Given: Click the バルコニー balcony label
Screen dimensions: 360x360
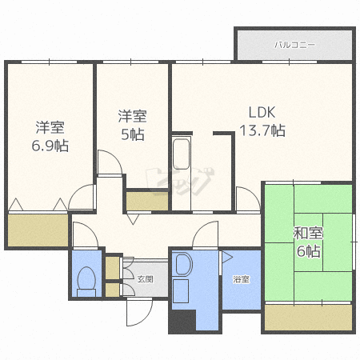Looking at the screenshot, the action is click(294, 45).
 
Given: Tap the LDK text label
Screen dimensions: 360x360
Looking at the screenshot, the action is click(262, 113).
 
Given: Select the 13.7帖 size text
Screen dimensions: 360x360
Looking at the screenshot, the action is click(262, 130).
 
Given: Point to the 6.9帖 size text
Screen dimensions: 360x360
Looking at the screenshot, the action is click(50, 146).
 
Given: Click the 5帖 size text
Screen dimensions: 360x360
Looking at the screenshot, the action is click(133, 134).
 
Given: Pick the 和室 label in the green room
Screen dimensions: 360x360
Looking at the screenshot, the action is click(308, 233).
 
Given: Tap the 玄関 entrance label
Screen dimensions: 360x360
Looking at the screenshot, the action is click(146, 279).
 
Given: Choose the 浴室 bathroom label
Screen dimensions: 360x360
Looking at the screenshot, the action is click(242, 279).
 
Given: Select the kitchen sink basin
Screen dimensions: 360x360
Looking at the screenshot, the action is click(181, 154).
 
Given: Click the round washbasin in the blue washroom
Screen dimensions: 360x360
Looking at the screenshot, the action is click(184, 264).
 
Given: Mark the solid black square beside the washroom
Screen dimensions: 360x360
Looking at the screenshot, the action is click(182, 321).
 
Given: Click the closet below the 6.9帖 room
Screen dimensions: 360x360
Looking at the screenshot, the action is click(38, 230).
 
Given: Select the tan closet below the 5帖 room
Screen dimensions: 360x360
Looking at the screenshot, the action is click(147, 201).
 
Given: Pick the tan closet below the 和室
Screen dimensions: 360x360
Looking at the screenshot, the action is click(308, 318).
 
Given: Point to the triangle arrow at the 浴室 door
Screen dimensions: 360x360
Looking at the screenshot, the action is click(227, 257).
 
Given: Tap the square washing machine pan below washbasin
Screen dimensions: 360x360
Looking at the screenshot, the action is click(181, 291).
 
